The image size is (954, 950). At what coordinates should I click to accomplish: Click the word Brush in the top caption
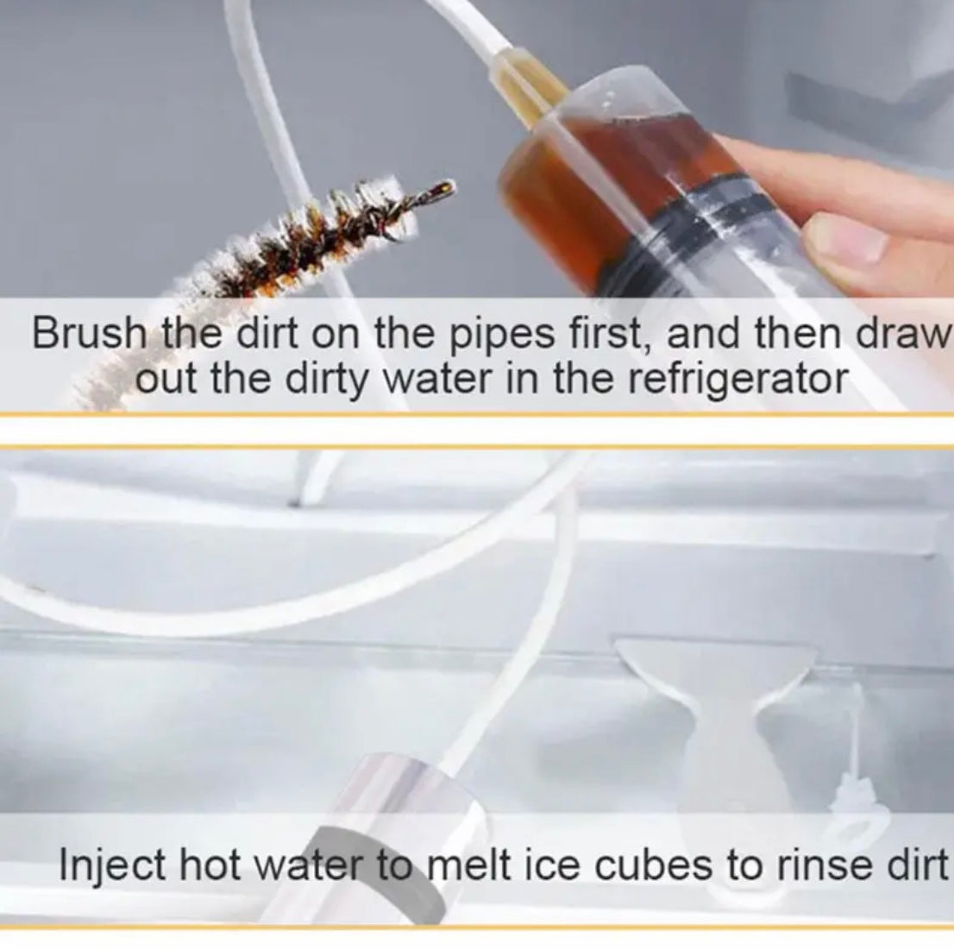90,334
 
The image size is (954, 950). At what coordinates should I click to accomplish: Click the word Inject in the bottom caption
112,866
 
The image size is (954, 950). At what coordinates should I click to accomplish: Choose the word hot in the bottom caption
209,865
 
